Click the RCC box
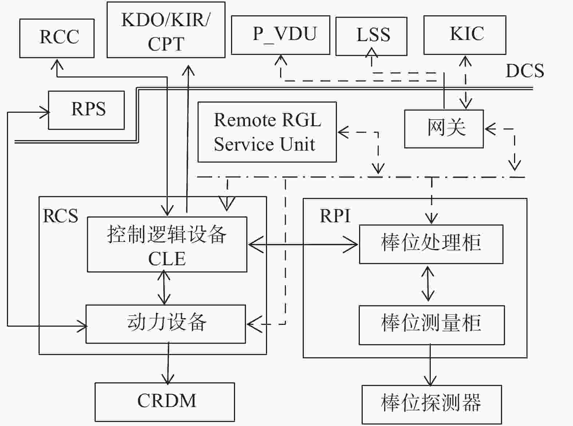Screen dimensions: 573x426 pos(57,38)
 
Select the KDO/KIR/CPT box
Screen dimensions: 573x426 pos(166,30)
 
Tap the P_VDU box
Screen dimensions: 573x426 pos(280,35)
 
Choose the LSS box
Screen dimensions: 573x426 pos(371,36)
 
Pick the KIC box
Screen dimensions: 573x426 pos(465,35)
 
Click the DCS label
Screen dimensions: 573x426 pos(525,71)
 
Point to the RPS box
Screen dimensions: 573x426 pos(86,110)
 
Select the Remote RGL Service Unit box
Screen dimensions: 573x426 pos(267,132)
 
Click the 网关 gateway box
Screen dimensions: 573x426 pos(444,129)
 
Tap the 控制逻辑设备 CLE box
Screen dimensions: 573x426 pos(167,244)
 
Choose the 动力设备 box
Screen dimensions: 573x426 pos(166,324)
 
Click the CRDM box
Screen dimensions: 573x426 pos(165,402)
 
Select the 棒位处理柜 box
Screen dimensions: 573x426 pos(431,244)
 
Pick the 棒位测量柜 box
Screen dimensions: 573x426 pos(432,325)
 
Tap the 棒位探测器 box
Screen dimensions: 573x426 pos(432,405)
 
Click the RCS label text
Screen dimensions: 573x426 pos(60,216)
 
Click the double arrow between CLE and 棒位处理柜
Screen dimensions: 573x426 pos(303,244)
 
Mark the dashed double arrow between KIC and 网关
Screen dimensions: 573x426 pos(466,83)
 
